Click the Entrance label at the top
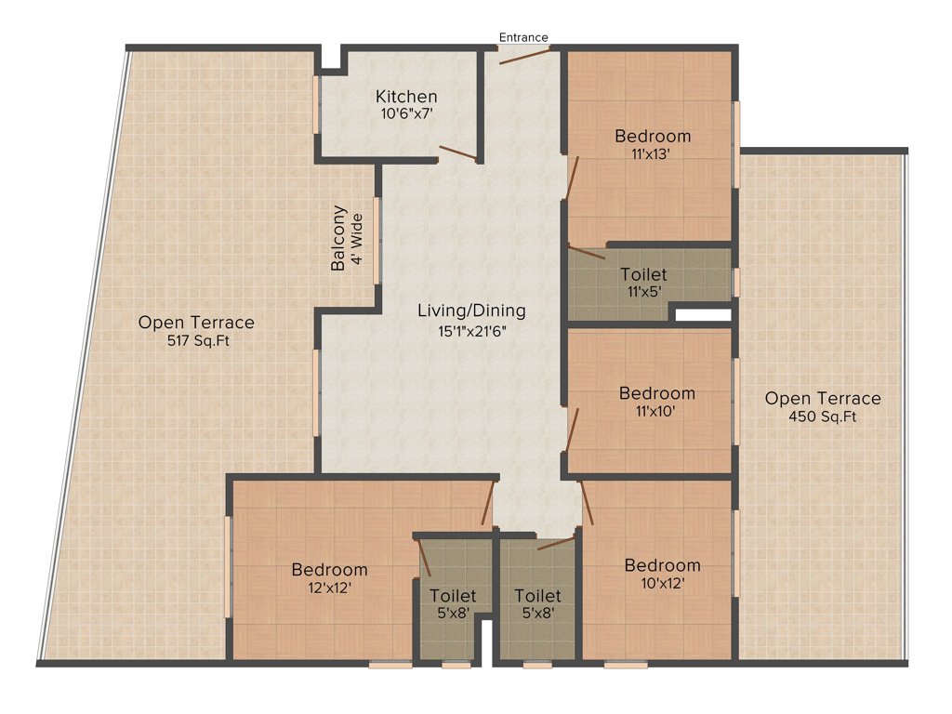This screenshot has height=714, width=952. coord(523,37)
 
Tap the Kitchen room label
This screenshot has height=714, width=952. coord(406,97)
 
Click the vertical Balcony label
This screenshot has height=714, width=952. coord(338,238)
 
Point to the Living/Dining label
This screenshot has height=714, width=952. coord(471,311)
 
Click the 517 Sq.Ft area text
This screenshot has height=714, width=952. coord(196,340)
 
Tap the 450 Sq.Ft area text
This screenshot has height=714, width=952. coord(823,416)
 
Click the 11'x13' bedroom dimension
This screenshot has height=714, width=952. coord(653,154)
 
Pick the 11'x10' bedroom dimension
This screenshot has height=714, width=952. coord(656,411)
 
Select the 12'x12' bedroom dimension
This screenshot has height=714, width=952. coord(329,588)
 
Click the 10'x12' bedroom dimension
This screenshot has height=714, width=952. coord(662,584)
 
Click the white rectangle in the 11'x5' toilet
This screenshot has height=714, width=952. coord(703,315)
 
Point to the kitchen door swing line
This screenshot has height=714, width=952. coord(458,153)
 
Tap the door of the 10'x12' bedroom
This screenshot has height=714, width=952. coord(587,504)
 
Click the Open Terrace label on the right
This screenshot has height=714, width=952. coord(823,398)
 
